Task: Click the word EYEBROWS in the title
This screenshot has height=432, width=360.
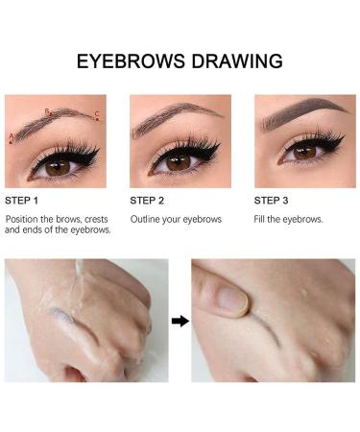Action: pyautogui.click(x=132, y=61)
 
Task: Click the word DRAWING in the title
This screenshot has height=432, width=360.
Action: pyautogui.click(x=235, y=61)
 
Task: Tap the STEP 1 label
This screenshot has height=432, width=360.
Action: pyautogui.click(x=22, y=201)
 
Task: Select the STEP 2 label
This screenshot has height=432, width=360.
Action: pyautogui.click(x=147, y=201)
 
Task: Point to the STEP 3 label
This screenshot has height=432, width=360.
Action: pyautogui.click(x=271, y=201)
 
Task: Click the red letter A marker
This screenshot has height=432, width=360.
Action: pyautogui.click(x=11, y=138)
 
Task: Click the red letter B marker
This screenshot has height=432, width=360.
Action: pyautogui.click(x=45, y=111)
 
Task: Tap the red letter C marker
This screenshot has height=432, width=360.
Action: pyautogui.click(x=97, y=115)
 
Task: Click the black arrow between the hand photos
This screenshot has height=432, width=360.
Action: pyautogui.click(x=180, y=321)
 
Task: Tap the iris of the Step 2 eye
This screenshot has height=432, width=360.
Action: pyautogui.click(x=179, y=161)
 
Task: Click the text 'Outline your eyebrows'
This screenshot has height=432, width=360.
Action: pyautogui.click(x=176, y=220)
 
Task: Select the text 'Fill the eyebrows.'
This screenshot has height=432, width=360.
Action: pyautogui.click(x=288, y=220)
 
